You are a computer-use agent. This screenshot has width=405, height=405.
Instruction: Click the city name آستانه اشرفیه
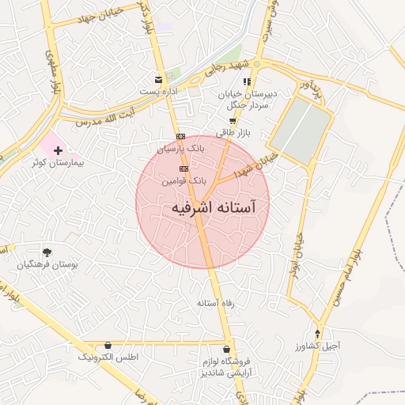tap(214, 207)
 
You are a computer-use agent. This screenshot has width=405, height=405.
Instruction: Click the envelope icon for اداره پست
tap(159, 80)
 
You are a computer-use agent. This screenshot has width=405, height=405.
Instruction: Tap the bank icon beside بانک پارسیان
tap(181, 136)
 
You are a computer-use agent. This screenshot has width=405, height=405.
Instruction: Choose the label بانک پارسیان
tap(181, 148)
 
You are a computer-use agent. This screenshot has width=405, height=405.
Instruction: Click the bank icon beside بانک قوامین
tap(184, 168)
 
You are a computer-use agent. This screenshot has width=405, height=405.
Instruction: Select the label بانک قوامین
tap(184, 180)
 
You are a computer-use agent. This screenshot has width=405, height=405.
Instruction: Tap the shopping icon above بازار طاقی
tap(232, 121)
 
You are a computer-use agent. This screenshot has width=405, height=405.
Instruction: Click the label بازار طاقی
tap(233, 133)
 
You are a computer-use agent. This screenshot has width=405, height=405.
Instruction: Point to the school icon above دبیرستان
tap(248, 81)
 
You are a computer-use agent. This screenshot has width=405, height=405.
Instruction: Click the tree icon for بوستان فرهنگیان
tap(47, 252)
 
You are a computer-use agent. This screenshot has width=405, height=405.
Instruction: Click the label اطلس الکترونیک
tap(108, 357)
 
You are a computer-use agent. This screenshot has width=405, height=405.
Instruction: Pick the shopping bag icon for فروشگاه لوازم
tap(228, 349)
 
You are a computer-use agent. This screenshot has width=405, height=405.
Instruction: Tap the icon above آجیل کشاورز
tap(318, 334)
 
